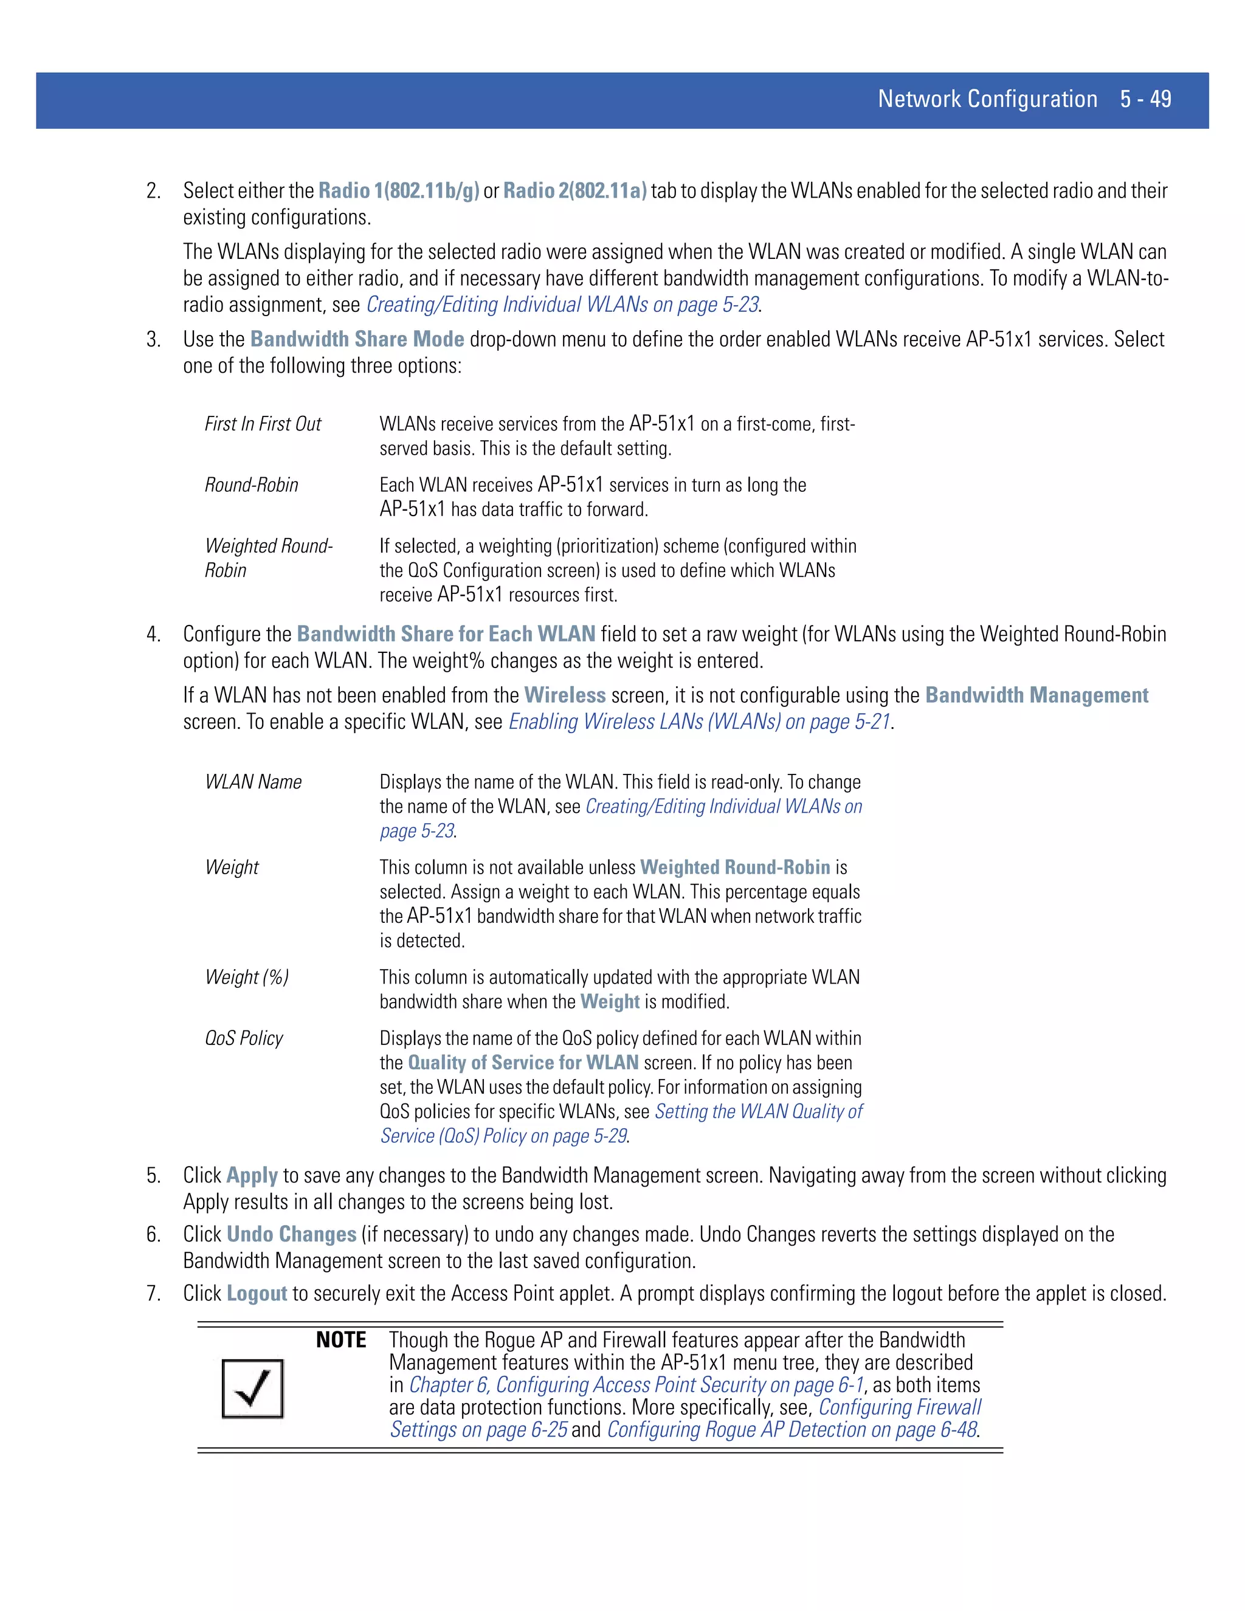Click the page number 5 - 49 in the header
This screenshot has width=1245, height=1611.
1145,99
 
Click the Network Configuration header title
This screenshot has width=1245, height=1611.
987,99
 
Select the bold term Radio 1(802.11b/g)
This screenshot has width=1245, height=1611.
398,190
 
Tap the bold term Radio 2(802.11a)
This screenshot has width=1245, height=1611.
574,190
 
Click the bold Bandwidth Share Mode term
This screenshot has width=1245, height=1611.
357,339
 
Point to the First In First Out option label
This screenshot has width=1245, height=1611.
263,424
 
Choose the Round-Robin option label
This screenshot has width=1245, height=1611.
252,485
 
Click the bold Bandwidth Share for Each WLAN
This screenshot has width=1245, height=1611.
446,634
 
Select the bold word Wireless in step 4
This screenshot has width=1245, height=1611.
564,695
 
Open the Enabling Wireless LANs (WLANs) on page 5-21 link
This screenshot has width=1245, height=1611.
699,722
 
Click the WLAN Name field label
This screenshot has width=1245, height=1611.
253,782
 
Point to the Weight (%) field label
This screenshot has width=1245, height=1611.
246,978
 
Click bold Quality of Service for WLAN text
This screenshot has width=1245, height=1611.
523,1063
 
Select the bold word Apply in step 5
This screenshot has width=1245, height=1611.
252,1176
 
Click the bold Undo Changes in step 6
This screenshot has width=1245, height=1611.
291,1235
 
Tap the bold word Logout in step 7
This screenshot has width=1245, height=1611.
257,1294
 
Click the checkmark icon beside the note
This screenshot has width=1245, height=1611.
252,1389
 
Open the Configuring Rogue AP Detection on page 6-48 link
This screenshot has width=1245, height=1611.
792,1430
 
